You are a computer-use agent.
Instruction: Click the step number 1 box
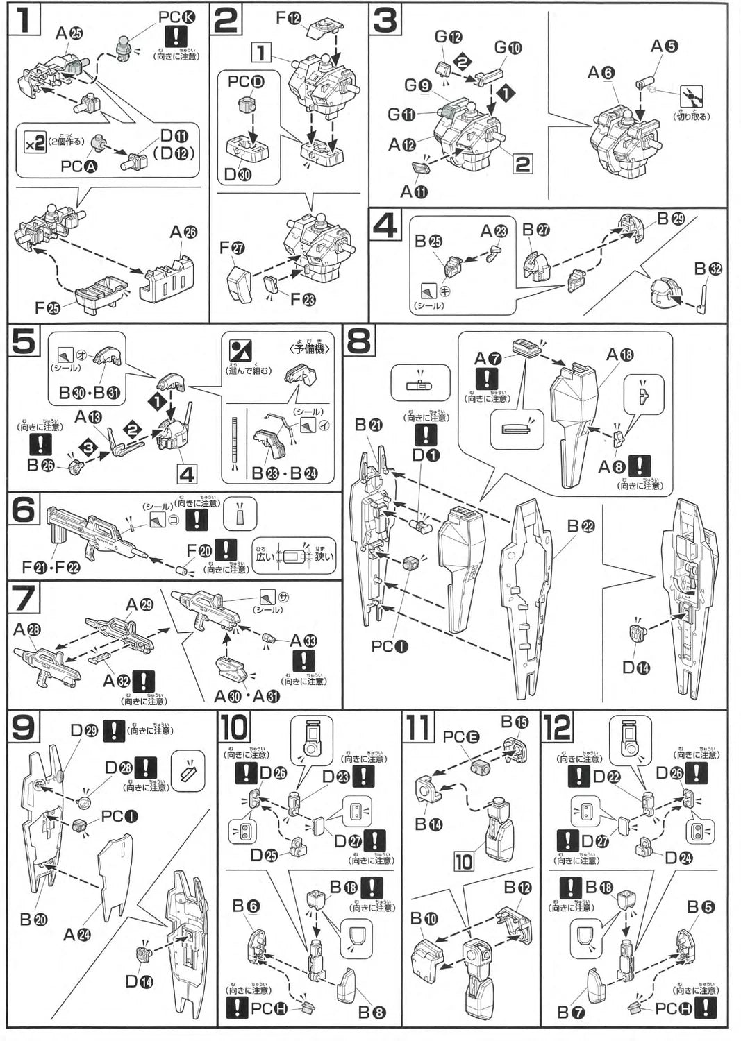click(x=23, y=20)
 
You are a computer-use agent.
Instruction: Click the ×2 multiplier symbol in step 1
click(x=34, y=144)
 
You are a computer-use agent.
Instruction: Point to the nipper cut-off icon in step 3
click(x=691, y=96)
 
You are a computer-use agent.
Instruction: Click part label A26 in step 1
click(x=183, y=232)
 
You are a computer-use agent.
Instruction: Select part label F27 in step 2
click(x=231, y=248)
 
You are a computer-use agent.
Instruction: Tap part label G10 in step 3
click(x=508, y=48)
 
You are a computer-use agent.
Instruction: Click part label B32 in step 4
click(x=708, y=269)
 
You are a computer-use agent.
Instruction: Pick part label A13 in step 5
click(x=88, y=417)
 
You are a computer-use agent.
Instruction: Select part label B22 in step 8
click(x=581, y=527)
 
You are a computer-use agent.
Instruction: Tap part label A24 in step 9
click(x=76, y=935)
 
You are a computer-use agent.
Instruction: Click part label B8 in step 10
click(x=372, y=1012)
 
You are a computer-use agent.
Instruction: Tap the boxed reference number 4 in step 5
click(x=187, y=475)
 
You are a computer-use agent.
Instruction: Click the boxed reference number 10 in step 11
click(x=463, y=862)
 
